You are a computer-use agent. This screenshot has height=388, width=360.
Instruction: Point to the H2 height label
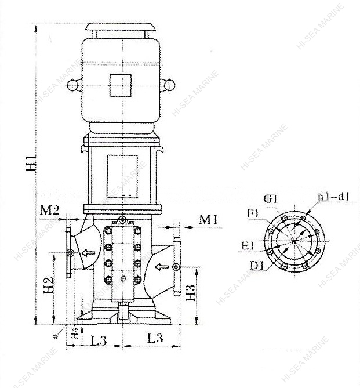pos(49,287)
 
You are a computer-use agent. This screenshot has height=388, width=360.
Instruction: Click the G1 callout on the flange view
pos(270,199)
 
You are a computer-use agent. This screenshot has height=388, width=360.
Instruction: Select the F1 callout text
pos(253,214)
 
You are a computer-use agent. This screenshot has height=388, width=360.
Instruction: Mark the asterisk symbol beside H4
pos(56,335)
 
